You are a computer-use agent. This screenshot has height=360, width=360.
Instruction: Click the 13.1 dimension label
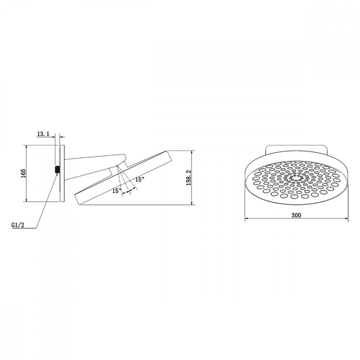[x=43, y=134]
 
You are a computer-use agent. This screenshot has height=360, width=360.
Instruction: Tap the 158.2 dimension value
[x=189, y=177]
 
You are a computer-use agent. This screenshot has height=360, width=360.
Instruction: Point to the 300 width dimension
[x=296, y=215]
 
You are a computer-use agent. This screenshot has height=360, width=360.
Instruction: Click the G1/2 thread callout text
[x=18, y=225]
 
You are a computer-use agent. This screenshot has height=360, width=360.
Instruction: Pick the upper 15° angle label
[x=140, y=179]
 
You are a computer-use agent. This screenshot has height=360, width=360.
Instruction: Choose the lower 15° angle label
[x=117, y=190]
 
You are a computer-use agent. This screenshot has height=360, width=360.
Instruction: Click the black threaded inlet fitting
[x=57, y=170]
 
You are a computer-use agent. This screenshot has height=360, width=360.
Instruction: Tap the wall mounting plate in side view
[x=62, y=174]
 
